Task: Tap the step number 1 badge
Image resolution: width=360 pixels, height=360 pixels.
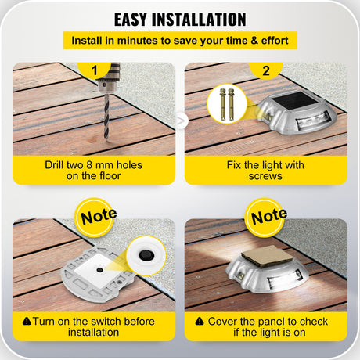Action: (95, 70)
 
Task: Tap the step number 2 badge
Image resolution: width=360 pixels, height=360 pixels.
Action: (265, 70)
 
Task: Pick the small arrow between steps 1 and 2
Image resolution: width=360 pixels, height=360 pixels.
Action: (181, 121)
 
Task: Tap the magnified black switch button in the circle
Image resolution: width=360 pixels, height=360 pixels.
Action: (145, 257)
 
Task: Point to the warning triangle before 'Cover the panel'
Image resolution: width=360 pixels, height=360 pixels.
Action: (200, 321)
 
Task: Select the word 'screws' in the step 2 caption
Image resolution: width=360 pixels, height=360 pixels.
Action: (265, 177)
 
